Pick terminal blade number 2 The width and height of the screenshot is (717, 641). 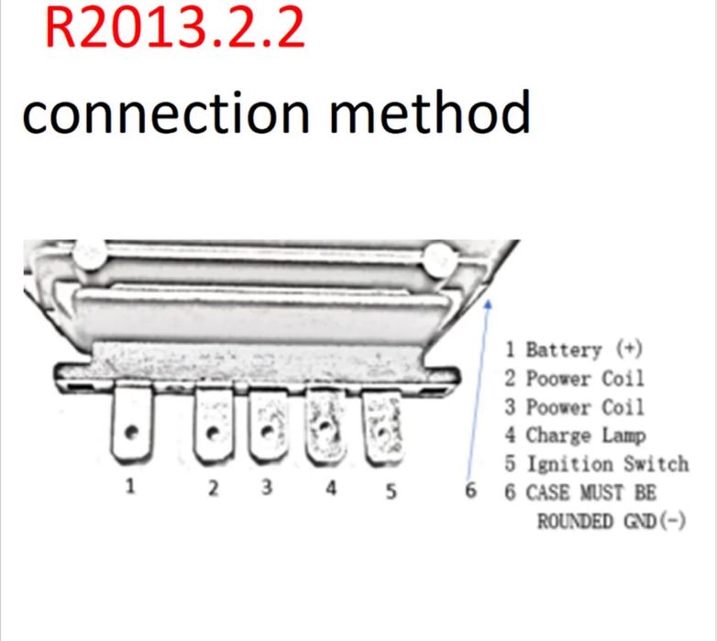coord(214,425)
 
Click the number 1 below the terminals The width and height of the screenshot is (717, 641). coord(130,487)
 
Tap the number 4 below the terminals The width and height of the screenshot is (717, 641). coord(331,488)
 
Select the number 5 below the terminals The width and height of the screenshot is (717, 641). coord(392,491)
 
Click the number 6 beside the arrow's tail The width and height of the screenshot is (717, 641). coord(471,491)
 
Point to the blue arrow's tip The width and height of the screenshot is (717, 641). coord(491,299)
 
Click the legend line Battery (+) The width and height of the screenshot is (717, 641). coord(574,349)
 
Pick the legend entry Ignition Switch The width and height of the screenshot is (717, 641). coord(596,463)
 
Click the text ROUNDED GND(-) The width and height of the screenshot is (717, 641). coord(611,521)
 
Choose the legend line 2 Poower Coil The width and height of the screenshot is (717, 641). coord(574,378)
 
